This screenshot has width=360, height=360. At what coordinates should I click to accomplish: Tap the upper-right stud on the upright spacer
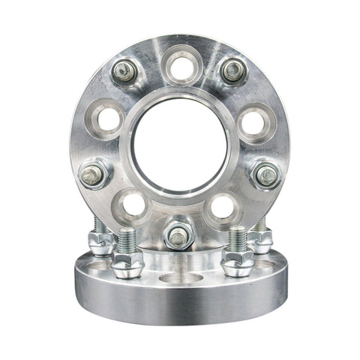click(233, 70)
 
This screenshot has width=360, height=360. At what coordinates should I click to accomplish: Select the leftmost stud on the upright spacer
click(93, 175)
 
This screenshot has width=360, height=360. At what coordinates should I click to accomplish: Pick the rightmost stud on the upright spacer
click(267, 175)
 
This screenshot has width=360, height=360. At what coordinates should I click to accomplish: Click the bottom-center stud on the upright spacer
click(178, 237)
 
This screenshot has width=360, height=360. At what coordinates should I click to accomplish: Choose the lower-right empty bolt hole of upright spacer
click(223, 204)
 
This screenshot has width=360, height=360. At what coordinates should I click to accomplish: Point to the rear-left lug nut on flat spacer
click(100, 241)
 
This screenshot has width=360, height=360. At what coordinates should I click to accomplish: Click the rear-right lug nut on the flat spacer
click(260, 241)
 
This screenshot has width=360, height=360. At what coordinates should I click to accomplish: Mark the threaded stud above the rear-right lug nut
click(260, 224)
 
